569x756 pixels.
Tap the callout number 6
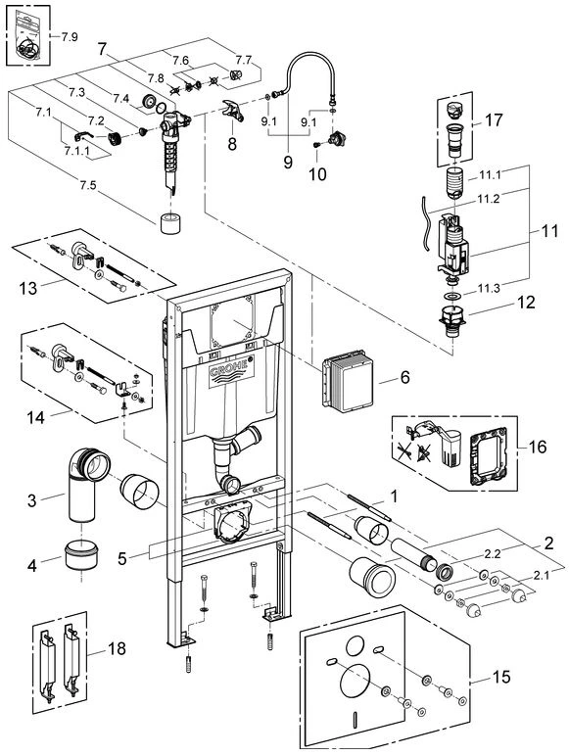[405, 377]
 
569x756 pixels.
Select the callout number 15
[501, 677]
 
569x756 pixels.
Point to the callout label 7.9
[70, 36]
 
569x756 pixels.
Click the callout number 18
[117, 648]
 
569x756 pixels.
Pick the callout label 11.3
[489, 288]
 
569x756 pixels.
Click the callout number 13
[28, 288]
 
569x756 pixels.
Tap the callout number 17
[494, 119]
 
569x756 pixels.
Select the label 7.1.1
[77, 151]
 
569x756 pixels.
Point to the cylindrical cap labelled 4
[81, 555]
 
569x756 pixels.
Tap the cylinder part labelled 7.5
[170, 222]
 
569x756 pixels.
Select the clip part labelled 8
[233, 111]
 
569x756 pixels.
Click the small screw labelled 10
[317, 144]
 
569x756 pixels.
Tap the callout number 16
[538, 447]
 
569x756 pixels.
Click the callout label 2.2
[493, 554]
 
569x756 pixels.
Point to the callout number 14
[35, 417]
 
